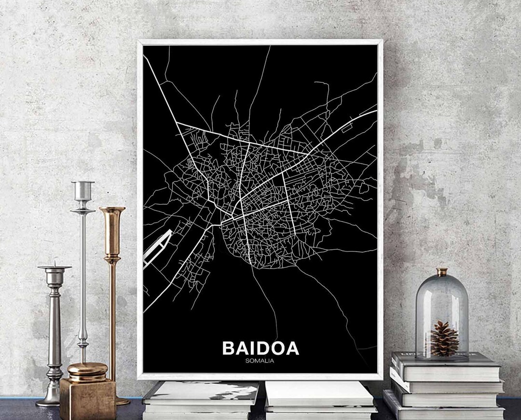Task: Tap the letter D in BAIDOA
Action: (263, 349)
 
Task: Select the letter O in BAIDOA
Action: (278, 349)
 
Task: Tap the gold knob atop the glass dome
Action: (442, 272)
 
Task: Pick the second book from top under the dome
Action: (446, 385)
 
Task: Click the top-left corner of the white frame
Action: (139, 42)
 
